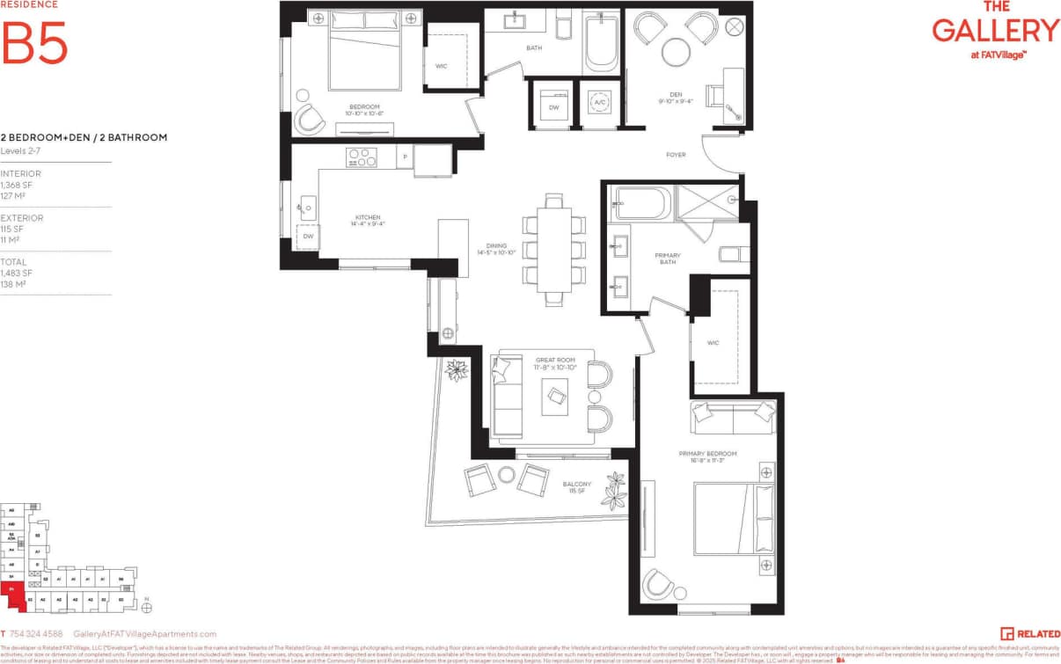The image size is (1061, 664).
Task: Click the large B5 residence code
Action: click(35, 43)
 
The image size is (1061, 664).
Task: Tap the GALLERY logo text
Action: click(996, 30)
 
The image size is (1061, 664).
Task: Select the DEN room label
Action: click(675, 97)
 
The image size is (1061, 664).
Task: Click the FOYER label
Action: click(676, 155)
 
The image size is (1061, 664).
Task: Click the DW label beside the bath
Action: click(553, 107)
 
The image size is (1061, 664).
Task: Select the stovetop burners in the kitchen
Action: click(361, 157)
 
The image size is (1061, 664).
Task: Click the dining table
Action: click(553, 249)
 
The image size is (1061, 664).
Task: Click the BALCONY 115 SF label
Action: click(577, 487)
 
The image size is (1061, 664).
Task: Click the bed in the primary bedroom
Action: click(732, 518)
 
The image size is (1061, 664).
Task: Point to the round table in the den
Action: click(677, 50)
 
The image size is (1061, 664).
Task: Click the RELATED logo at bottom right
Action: click(1030, 633)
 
